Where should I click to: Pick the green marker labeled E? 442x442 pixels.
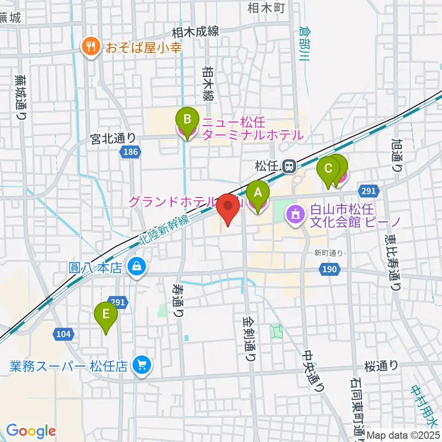point(106,316)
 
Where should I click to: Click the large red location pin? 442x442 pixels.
point(229,207)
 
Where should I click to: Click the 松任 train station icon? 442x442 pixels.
point(289,165)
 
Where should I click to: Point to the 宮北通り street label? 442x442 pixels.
point(113,138)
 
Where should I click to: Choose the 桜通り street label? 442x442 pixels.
point(381,365)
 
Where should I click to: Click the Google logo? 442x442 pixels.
point(31,431)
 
